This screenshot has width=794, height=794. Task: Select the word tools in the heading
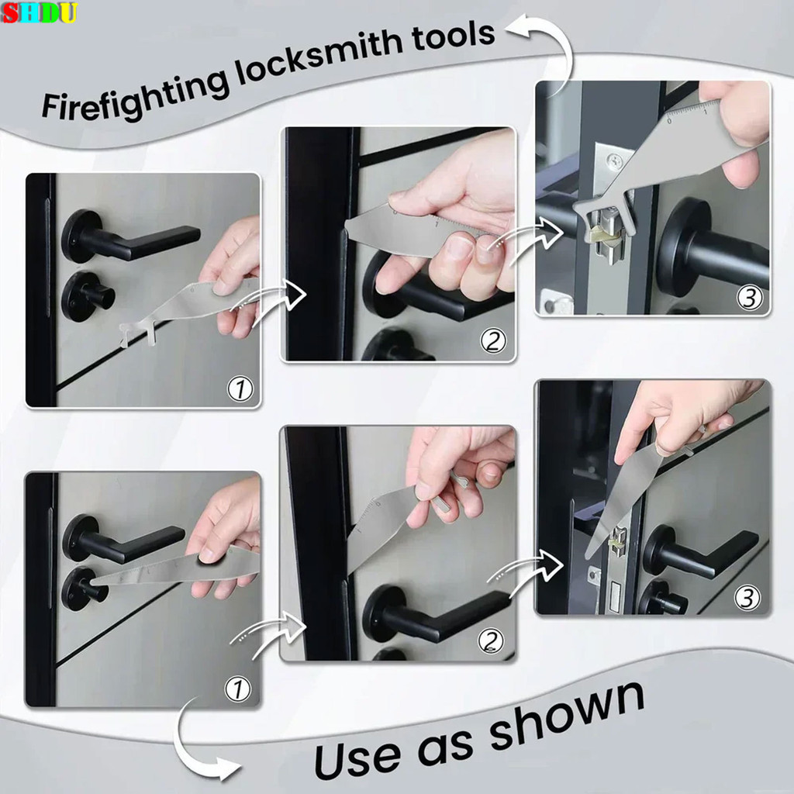447,38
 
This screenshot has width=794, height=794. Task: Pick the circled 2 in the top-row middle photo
493,341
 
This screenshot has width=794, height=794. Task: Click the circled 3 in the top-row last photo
749,297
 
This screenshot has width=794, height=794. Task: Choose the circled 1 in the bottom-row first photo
238,688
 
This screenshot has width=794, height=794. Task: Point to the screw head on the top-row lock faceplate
615,162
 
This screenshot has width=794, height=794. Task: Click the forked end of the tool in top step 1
136,334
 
